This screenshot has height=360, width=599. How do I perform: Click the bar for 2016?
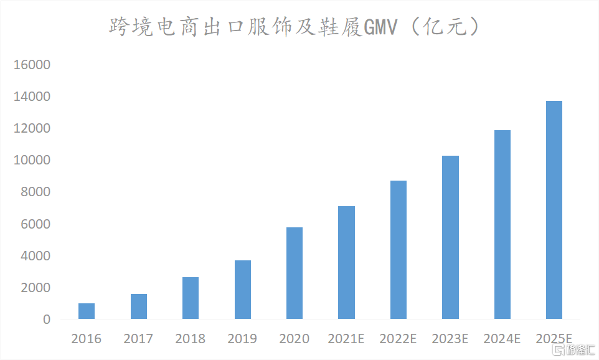click(87, 311)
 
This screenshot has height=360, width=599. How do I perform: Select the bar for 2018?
click(191, 298)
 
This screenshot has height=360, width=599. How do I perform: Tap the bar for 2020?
click(295, 273)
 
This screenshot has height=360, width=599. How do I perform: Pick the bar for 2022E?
click(399, 250)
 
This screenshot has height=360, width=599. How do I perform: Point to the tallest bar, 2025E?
click(554, 211)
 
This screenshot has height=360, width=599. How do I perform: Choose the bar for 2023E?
click(450, 238)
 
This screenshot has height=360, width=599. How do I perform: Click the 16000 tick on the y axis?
click(34, 65)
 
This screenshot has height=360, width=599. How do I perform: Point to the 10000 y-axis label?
click(34, 161)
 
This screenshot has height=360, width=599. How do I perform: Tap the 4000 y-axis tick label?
click(37, 256)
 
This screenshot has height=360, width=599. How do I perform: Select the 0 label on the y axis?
click(47, 320)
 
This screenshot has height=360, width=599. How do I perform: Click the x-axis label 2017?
click(138, 339)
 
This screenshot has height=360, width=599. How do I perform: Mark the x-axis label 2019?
click(242, 339)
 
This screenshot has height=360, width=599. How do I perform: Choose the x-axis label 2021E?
click(346, 339)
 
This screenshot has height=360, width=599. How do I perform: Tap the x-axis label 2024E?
click(502, 339)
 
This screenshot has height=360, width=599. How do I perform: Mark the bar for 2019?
click(242, 290)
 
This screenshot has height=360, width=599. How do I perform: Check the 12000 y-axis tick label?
click(34, 129)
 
